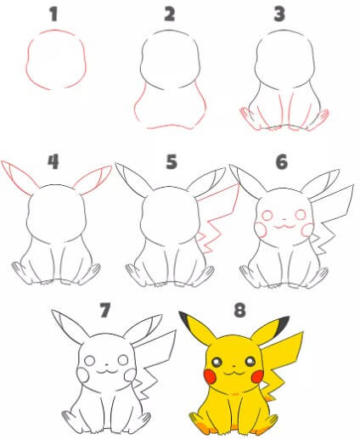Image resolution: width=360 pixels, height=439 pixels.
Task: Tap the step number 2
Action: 170,14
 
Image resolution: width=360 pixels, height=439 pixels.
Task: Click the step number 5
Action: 172,160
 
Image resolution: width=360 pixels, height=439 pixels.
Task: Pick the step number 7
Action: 105,309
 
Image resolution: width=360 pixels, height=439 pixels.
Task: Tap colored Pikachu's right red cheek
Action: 254,374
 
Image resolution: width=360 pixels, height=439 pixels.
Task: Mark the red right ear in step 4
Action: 96,179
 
